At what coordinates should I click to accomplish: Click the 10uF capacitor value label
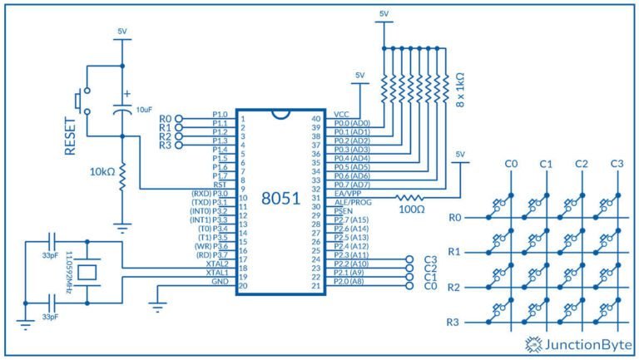pos(144,110)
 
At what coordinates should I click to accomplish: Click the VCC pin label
pos(341,114)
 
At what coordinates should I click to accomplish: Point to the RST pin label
pos(220,185)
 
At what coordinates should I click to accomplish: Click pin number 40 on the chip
pos(316,118)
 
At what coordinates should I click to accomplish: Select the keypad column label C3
pos(617,164)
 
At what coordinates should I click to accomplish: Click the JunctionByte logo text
pos(586,343)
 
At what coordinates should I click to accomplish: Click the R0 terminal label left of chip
pos(165,119)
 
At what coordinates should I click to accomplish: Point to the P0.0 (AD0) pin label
pos(352,122)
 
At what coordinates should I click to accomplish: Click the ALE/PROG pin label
pos(351,202)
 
